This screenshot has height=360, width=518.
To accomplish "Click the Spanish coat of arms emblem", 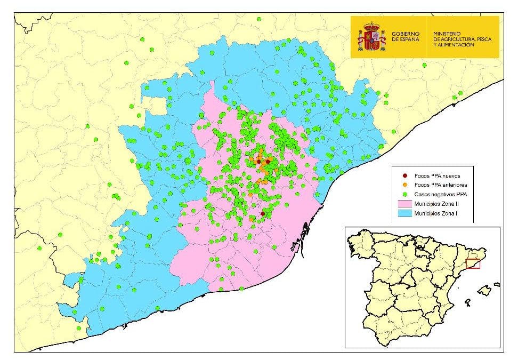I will [371, 36].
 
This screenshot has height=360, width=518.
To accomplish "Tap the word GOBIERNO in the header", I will [406, 34].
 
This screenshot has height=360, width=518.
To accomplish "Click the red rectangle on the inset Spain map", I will [473, 263].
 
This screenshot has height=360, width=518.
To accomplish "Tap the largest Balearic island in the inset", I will [484, 290].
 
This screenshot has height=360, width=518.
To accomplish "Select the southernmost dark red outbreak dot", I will [262, 213].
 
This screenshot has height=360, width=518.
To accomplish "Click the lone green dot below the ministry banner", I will [425, 65].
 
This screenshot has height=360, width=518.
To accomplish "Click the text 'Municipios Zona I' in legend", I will [436, 213].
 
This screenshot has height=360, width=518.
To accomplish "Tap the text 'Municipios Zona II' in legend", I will [437, 203].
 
